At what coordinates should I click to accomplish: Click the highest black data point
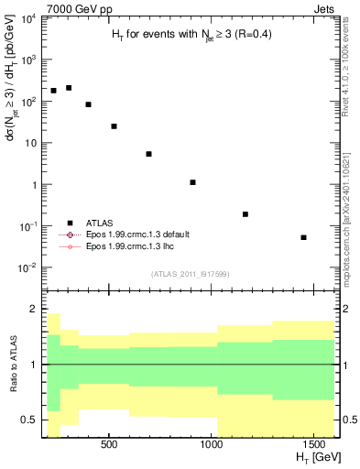point(69,88)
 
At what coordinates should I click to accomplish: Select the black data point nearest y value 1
point(192,182)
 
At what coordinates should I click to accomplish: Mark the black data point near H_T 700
point(148,154)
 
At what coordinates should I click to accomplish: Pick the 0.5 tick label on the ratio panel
point(28,420)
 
